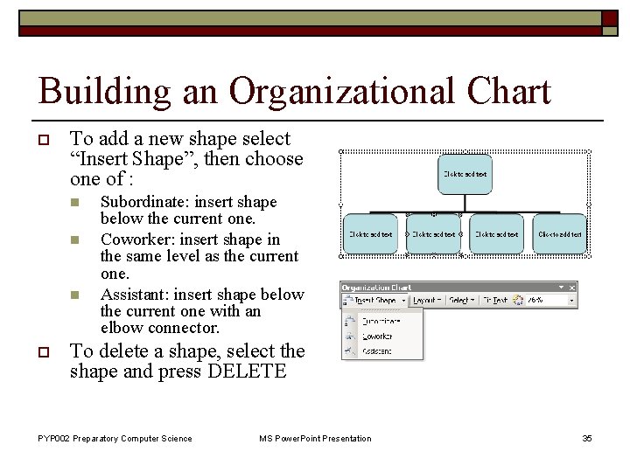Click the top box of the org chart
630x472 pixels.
coord(465,174)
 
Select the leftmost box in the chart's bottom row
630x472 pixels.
coord(370,233)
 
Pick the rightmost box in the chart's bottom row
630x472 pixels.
coord(560,233)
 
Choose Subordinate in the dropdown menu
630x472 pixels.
coord(377,321)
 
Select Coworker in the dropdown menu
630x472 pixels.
coord(376,336)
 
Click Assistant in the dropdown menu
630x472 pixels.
coord(376,351)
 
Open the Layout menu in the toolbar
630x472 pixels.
coord(426,300)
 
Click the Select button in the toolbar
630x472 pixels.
coord(460,300)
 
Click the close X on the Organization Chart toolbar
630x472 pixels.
coord(571,287)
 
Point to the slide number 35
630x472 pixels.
coord(587,438)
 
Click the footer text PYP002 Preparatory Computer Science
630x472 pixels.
coord(115,438)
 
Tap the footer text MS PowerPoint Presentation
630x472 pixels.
coord(315,438)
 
